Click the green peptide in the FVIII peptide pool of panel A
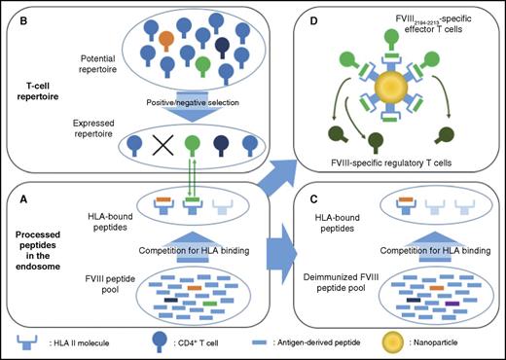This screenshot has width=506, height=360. point(208,304)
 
